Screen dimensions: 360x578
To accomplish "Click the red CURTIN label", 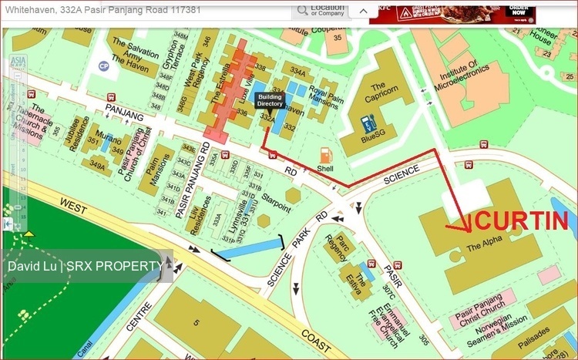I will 523,220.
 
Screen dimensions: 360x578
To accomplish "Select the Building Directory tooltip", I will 270,99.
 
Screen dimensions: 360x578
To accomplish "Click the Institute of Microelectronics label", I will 463,84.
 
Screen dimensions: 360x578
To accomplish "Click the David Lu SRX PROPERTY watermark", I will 86,266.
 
